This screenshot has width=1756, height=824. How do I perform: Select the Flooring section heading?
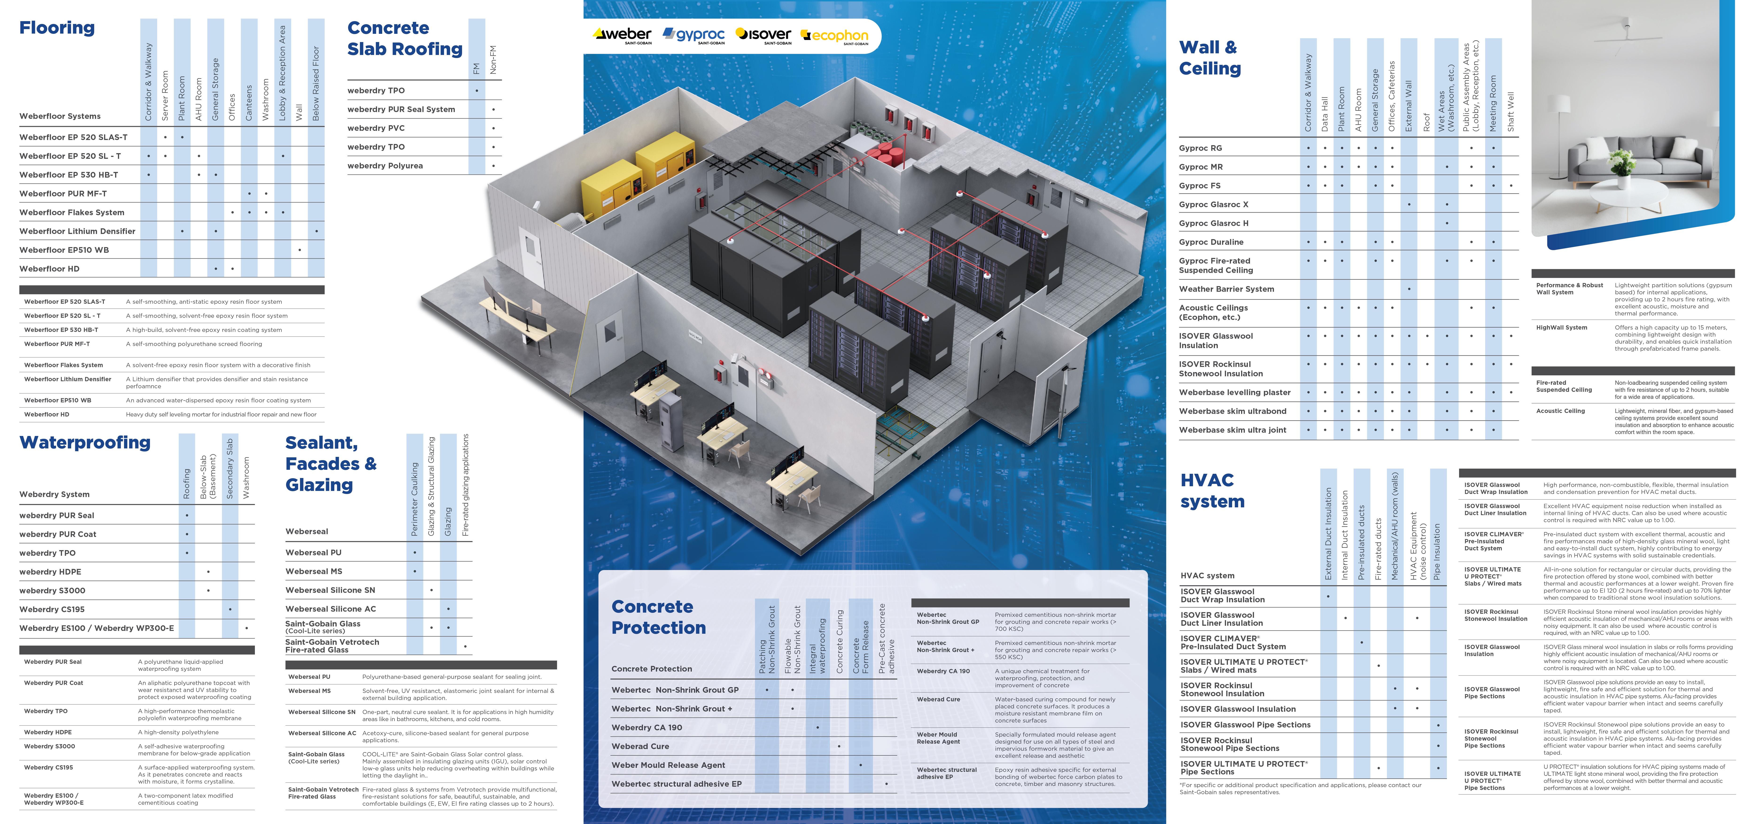coord(57,28)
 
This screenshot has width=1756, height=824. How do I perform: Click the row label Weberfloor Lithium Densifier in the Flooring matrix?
coord(77,231)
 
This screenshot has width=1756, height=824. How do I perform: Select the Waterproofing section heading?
coord(85,442)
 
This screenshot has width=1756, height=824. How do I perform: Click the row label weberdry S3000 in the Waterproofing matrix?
coord(52,591)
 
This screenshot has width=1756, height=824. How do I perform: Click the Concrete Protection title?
coord(658,617)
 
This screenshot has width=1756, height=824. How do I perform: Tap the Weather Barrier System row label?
coord(1226,289)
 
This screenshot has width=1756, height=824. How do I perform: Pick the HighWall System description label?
coord(1561,328)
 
